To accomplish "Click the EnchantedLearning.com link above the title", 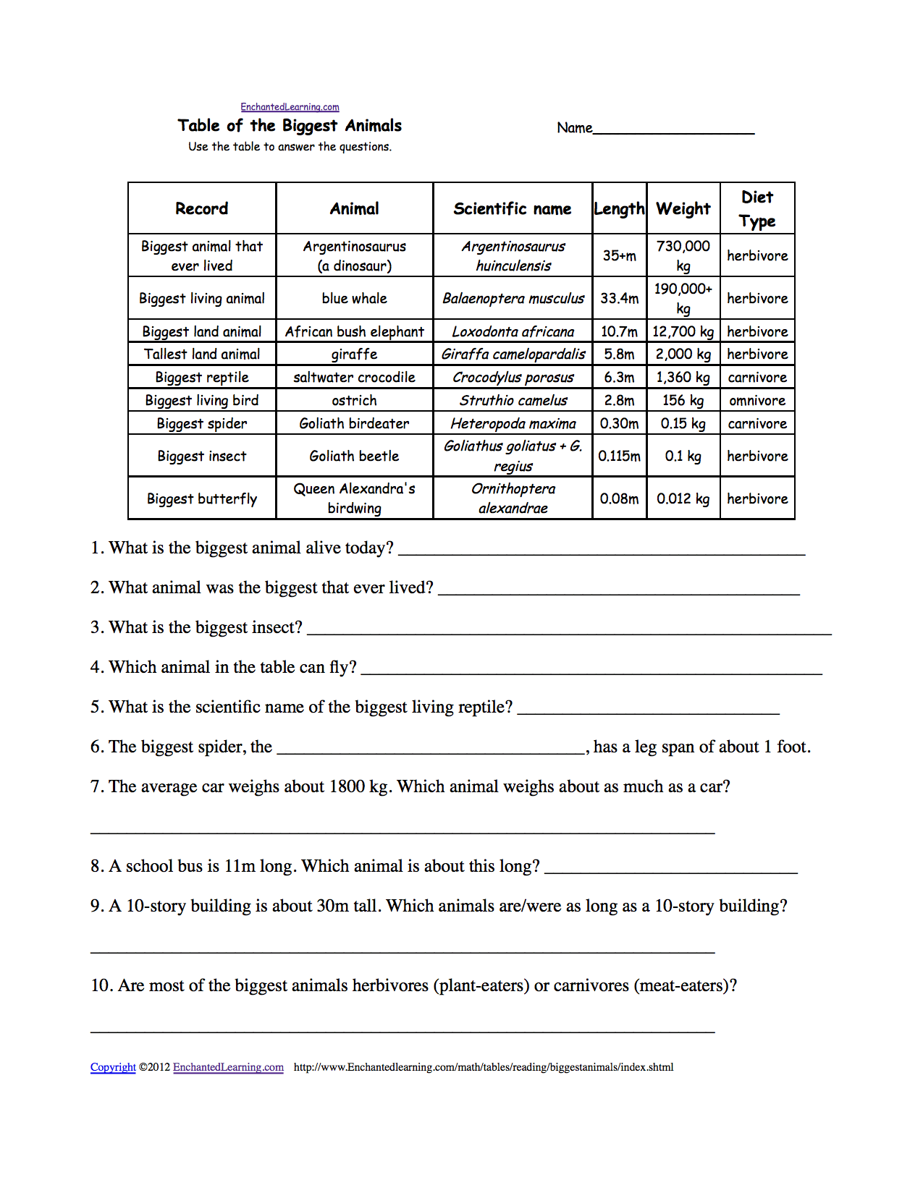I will click(x=290, y=107).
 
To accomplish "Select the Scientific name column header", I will click(x=513, y=209).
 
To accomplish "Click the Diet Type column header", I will click(x=757, y=209).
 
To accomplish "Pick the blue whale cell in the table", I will click(x=354, y=299).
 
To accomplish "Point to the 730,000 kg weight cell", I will click(x=683, y=255).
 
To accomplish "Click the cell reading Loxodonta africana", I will click(x=513, y=332).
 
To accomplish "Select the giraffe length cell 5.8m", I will click(x=619, y=354).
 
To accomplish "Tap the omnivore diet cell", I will click(x=757, y=401).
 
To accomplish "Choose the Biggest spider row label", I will click(x=202, y=424).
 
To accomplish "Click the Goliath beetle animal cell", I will click(x=354, y=457).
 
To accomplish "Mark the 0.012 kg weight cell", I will click(x=683, y=499).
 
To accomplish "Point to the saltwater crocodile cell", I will click(x=354, y=378).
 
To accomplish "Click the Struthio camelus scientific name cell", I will click(x=513, y=401).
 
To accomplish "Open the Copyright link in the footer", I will click(x=113, y=1067).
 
